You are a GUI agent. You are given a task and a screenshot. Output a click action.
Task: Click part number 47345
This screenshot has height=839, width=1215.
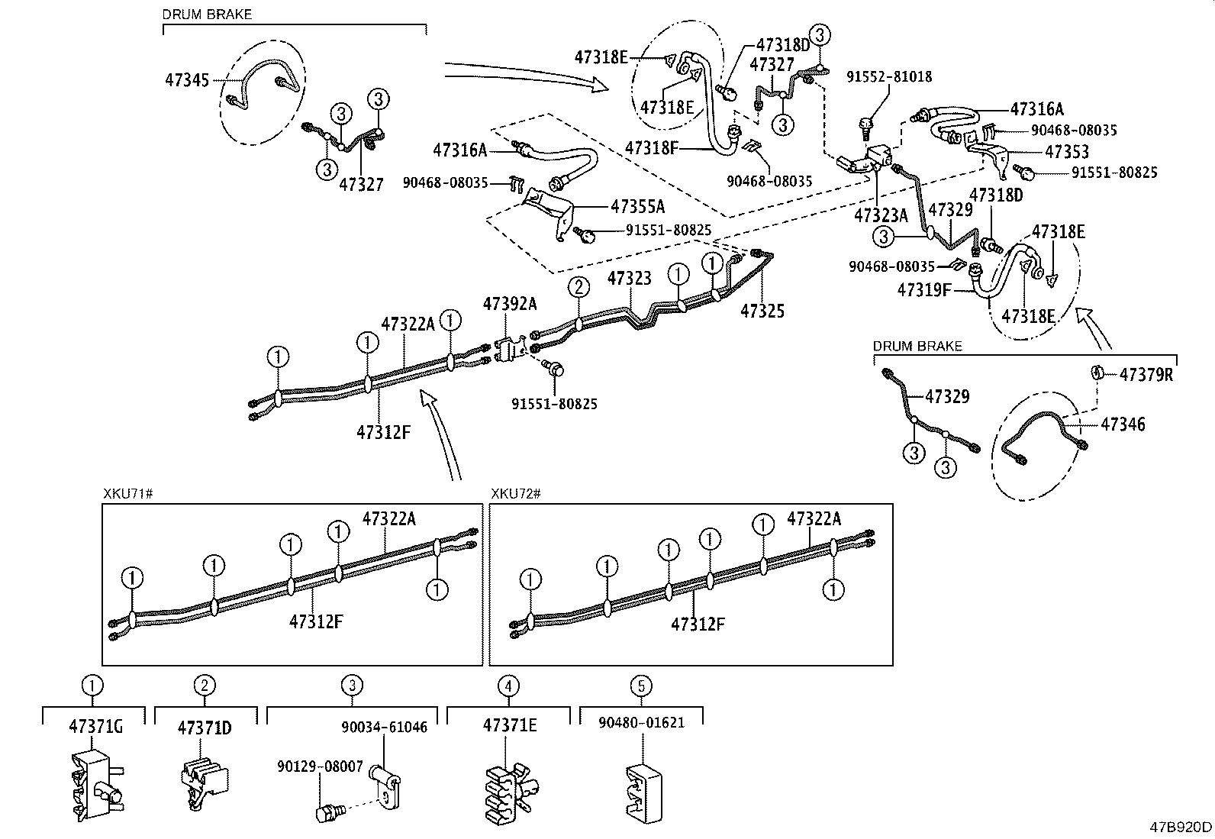[187, 79]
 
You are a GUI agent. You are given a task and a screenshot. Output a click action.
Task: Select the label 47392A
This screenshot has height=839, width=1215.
[509, 304]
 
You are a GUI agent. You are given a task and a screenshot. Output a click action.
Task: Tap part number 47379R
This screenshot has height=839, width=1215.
[1146, 375]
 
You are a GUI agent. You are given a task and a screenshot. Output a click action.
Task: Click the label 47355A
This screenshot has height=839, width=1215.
[637, 206]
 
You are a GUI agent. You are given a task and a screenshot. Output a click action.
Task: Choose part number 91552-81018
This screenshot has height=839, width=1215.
[889, 77]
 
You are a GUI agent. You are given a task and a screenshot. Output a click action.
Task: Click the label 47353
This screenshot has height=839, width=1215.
[1067, 152]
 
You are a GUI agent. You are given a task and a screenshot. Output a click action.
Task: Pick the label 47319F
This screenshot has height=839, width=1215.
[924, 290]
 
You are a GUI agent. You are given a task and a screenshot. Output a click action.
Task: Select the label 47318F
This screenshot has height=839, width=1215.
[651, 147]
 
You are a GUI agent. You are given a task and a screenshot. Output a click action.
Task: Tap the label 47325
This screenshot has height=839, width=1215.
[762, 311]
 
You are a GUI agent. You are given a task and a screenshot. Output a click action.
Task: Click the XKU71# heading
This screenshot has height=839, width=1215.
[128, 494]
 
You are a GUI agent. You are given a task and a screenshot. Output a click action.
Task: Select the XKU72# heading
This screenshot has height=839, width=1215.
[515, 494]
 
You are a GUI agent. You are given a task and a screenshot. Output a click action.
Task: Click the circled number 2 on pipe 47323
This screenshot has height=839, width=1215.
[579, 287]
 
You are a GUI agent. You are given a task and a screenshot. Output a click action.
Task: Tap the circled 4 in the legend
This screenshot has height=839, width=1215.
[508, 686]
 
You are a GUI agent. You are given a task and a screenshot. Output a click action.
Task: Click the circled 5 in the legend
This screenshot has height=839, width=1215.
[641, 686]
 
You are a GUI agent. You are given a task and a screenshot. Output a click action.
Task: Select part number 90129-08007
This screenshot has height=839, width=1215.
[330, 767]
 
